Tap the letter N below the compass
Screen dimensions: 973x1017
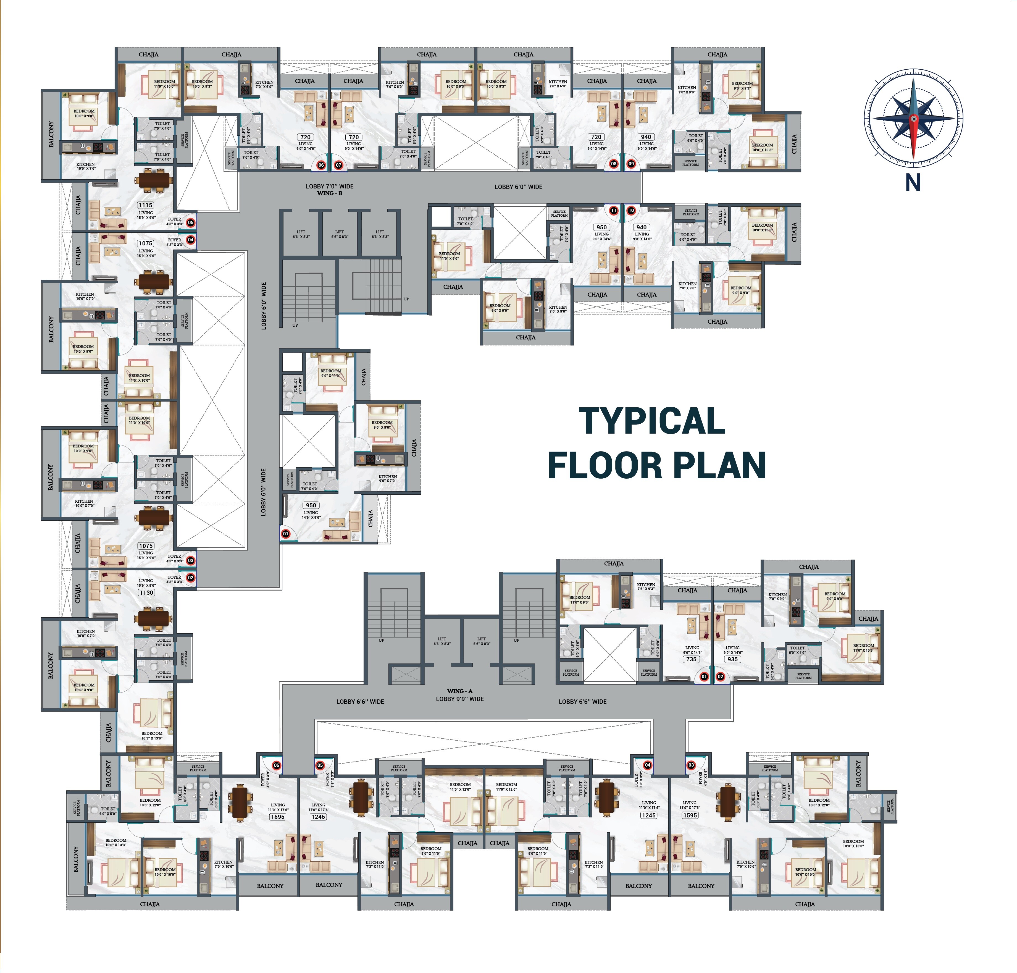[x=913, y=183]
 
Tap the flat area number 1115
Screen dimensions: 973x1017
[x=146, y=205]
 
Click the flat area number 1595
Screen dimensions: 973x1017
[x=690, y=815]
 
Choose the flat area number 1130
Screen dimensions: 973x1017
[x=146, y=592]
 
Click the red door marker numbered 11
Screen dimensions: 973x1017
[x=614, y=211]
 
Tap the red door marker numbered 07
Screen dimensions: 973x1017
[x=339, y=165]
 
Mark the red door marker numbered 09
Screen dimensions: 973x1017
[x=631, y=164]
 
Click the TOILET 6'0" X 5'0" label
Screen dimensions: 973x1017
[x=108, y=811]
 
